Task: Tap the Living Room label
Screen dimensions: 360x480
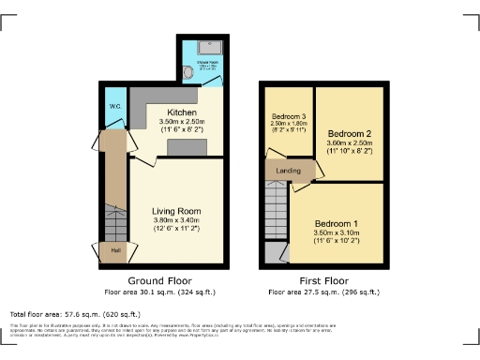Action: tap(176, 211)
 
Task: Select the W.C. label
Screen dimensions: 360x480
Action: tap(113, 106)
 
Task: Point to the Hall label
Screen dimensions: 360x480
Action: tap(115, 250)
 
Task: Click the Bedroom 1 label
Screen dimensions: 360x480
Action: tap(336, 224)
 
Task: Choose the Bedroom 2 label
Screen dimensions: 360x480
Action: tap(348, 133)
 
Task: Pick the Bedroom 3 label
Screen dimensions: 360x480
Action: tap(288, 116)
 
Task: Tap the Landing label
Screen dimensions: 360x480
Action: tap(289, 171)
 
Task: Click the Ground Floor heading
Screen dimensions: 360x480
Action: tap(159, 280)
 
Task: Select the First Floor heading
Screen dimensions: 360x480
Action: tap(321, 280)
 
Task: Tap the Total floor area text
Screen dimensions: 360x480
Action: tap(75, 314)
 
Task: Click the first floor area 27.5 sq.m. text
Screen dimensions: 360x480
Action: tap(321, 291)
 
